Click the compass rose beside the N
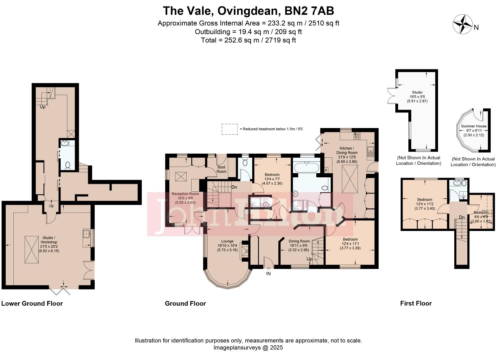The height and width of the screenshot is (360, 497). tap(463, 24)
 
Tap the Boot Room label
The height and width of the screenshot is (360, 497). tap(221, 169)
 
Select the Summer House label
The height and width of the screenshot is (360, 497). tap(474, 126)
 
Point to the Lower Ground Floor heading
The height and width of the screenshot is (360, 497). tap(32, 303)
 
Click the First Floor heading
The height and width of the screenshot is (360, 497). tap(416, 303)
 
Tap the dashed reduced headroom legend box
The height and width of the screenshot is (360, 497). tap(229, 129)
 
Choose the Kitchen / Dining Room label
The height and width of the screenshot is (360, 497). tap(347, 150)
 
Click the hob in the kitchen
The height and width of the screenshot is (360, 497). tap(357, 136)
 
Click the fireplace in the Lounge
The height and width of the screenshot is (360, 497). tap(244, 251)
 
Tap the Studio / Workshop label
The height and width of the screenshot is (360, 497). tap(49, 240)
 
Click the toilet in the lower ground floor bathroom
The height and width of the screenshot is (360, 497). tap(67, 165)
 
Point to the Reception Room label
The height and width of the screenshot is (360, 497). tap(185, 194)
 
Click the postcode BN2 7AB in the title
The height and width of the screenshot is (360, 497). tap(309, 11)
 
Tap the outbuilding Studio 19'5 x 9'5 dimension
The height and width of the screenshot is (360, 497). tap(417, 97)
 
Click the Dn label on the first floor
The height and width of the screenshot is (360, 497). tap(462, 217)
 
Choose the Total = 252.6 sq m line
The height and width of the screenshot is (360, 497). tap(248, 40)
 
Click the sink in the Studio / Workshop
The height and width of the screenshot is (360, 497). tap(86, 234)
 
